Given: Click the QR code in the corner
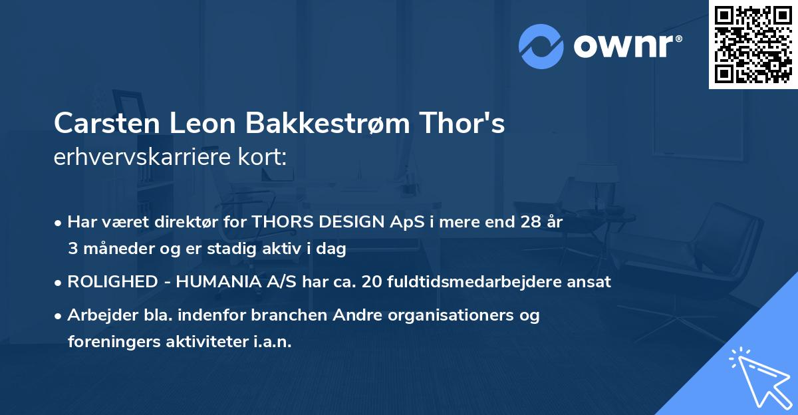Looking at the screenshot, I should pos(753,45).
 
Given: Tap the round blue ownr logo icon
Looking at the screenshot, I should pos(541,46).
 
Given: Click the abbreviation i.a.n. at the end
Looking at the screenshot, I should pos(272,342).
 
